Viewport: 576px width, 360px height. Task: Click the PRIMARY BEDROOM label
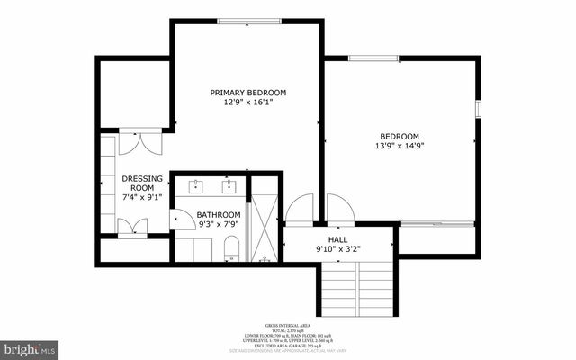pos(248,93)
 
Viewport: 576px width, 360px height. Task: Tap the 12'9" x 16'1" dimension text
pos(248,103)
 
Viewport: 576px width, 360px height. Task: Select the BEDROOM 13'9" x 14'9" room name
pos(399,136)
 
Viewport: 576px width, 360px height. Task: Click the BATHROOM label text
pos(219,214)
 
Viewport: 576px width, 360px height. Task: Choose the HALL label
pos(337,238)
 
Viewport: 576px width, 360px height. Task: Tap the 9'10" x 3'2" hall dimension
pos(337,249)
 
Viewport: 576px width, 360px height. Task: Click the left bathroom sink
pos(197,186)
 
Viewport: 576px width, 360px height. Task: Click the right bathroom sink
pos(229,186)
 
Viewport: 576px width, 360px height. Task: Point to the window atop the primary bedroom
pos(248,21)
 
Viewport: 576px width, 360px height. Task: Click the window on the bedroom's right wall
pos(479,108)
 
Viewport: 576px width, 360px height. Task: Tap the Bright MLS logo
pos(30,346)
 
